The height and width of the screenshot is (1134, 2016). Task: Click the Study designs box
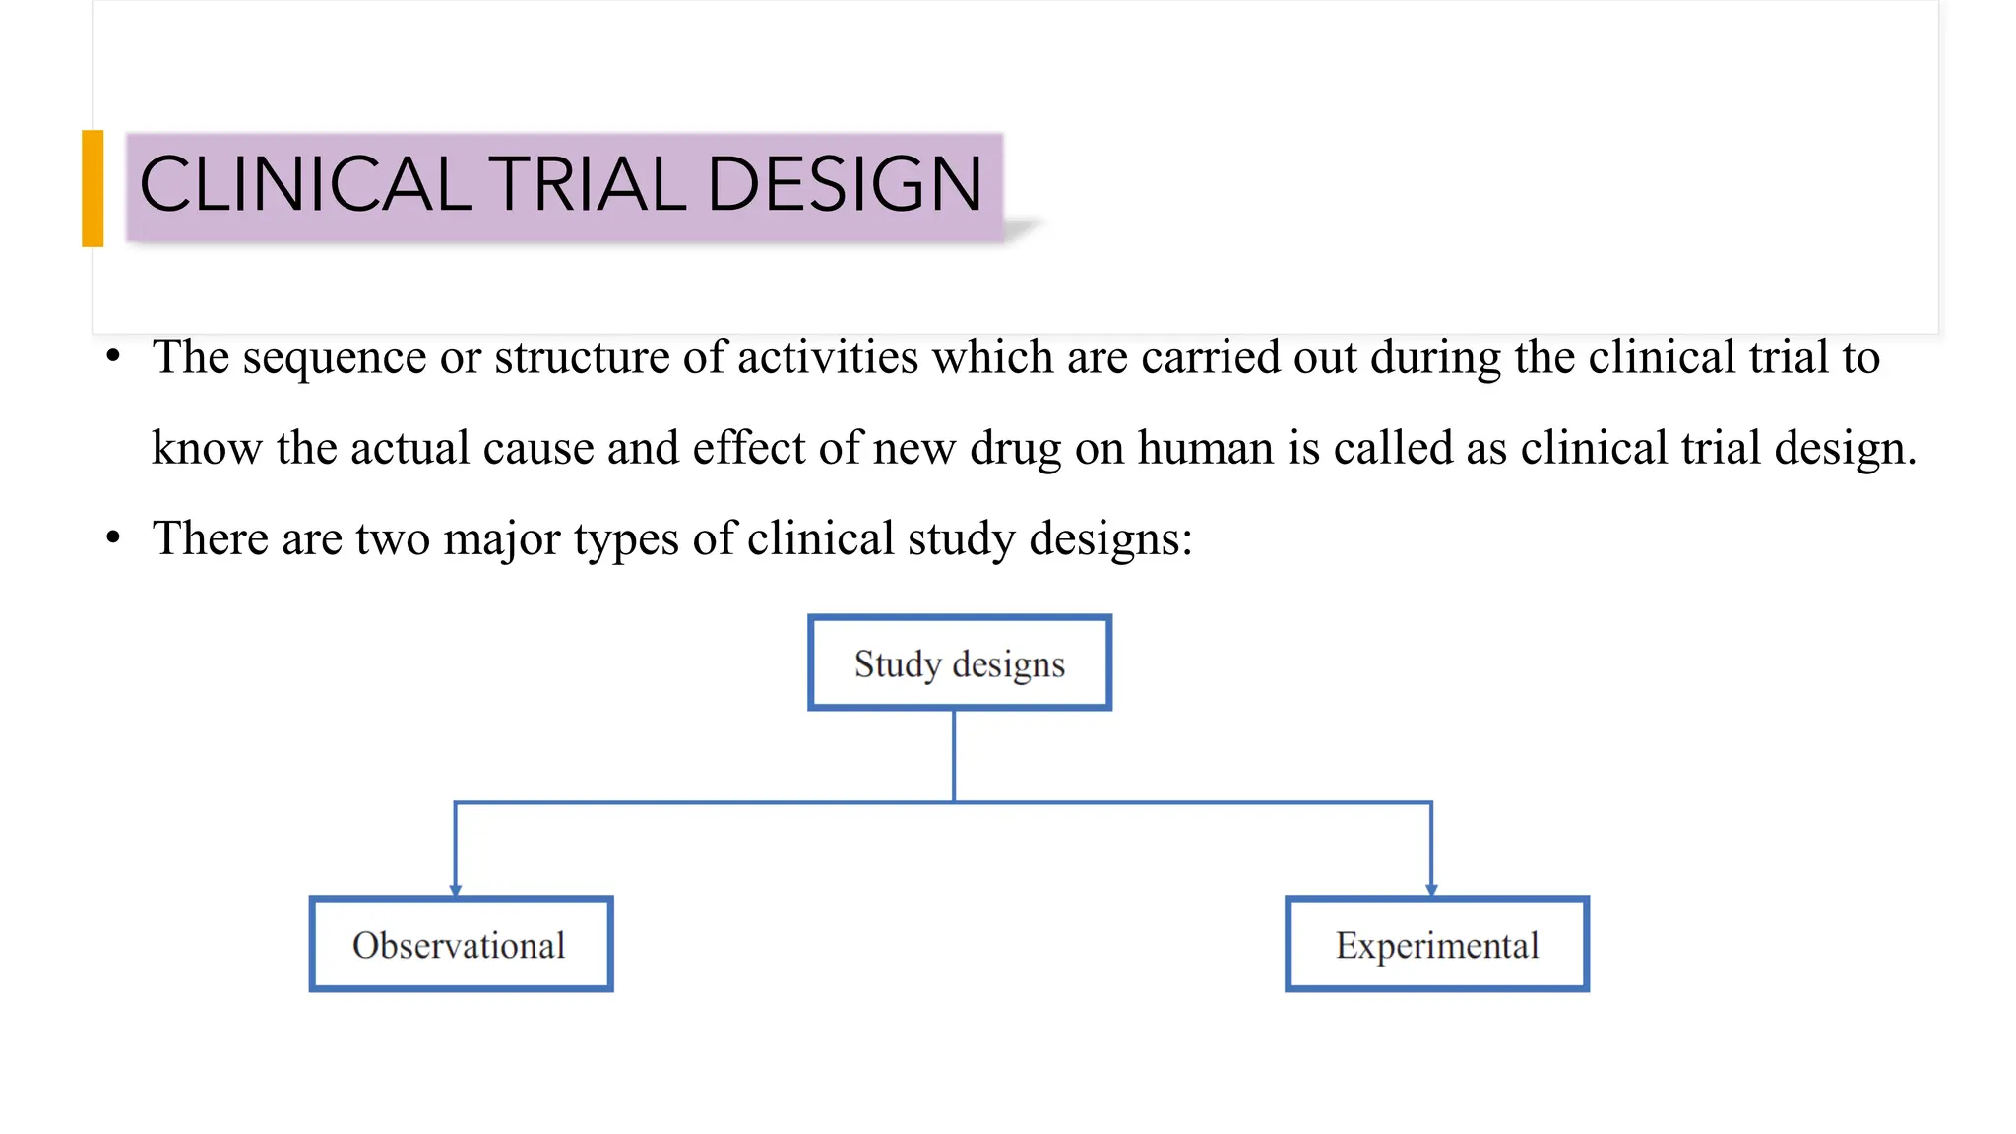[x=960, y=662]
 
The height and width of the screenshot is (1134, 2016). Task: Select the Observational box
[x=461, y=944]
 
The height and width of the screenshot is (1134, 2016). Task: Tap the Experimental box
[x=1437, y=944]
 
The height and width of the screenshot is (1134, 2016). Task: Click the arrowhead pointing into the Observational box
[x=455, y=889]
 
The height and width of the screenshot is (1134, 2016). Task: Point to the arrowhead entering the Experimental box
[x=1431, y=889]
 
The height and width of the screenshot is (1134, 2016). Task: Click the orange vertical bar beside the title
[x=93, y=188]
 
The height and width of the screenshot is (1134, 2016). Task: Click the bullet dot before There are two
[x=114, y=538]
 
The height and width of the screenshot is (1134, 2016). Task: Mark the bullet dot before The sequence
[x=114, y=356]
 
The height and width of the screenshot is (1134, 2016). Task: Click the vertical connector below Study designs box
[x=954, y=755]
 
